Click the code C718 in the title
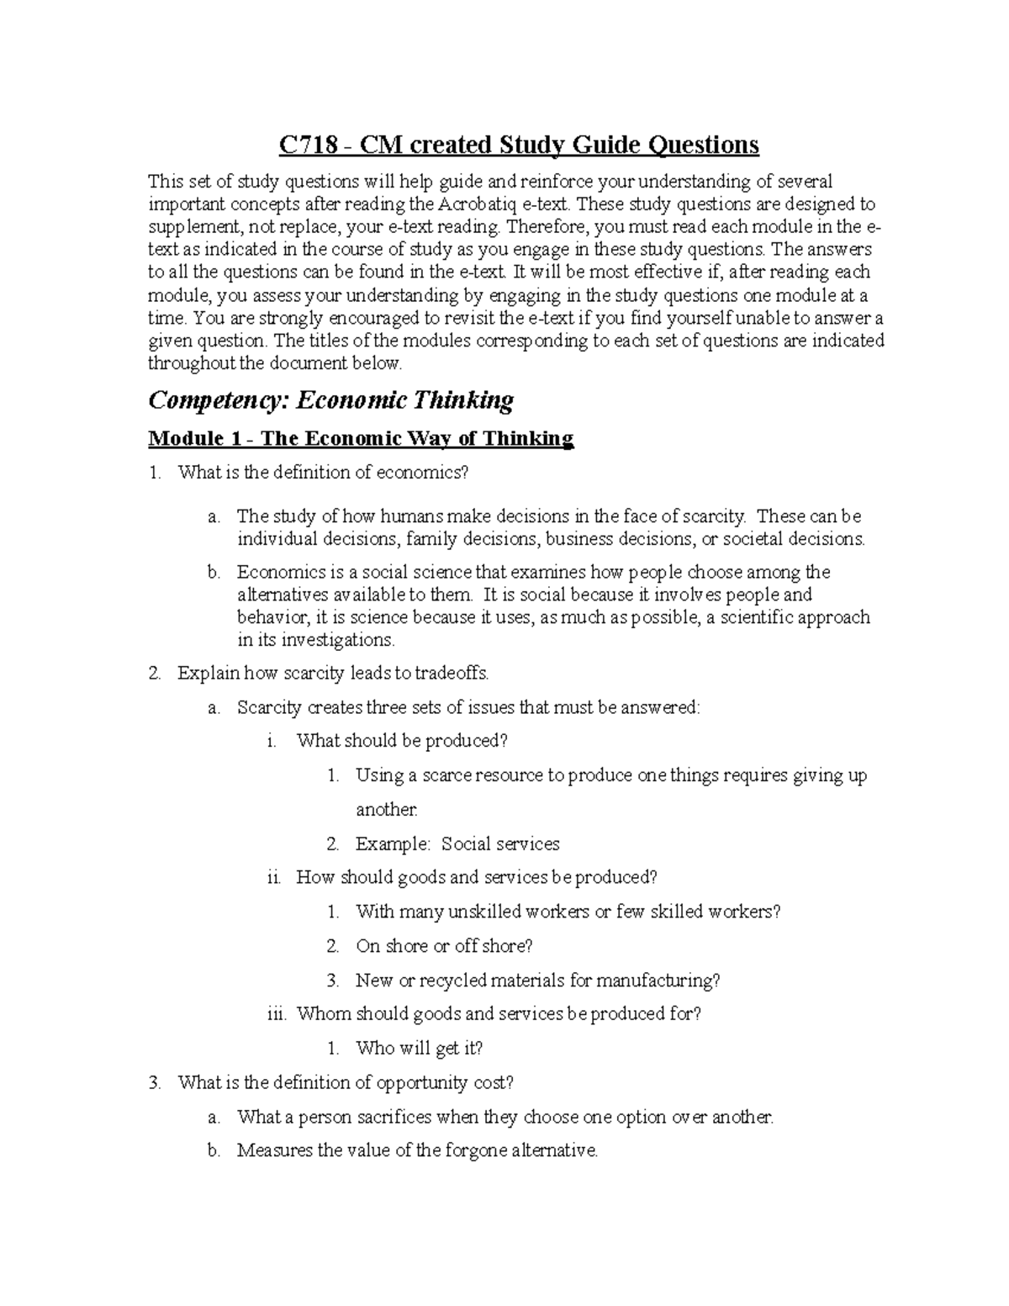(x=310, y=145)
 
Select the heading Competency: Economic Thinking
(x=330, y=400)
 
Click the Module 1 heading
(x=361, y=438)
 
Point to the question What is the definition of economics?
(x=322, y=473)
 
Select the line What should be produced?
(x=402, y=741)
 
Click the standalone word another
(x=386, y=810)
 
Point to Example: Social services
(x=457, y=843)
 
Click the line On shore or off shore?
(x=444, y=946)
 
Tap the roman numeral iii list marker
(x=277, y=1014)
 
